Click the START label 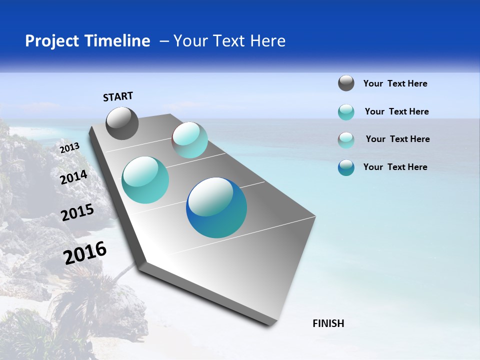pyautogui.click(x=118, y=96)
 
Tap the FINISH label pyautogui.click(x=328, y=323)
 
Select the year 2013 pyautogui.click(x=69, y=147)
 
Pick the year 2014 pyautogui.click(x=73, y=177)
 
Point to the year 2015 pyautogui.click(x=77, y=212)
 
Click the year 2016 pyautogui.click(x=85, y=252)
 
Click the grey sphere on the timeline pyautogui.click(x=122, y=123)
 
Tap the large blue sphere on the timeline pyautogui.click(x=216, y=207)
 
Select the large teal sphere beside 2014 pyautogui.click(x=145, y=180)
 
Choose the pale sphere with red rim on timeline pyautogui.click(x=189, y=139)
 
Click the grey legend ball pyautogui.click(x=346, y=83)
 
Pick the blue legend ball pyautogui.click(x=346, y=167)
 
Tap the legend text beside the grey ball pyautogui.click(x=395, y=83)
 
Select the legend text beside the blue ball pyautogui.click(x=395, y=167)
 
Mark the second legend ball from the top pyautogui.click(x=346, y=112)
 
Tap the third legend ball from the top pyautogui.click(x=346, y=140)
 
